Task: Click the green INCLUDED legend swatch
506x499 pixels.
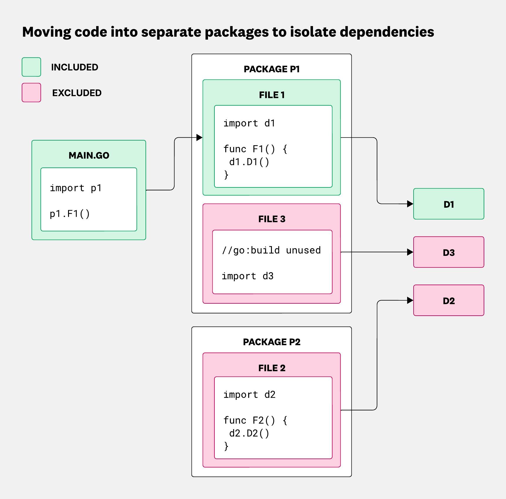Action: [31, 67]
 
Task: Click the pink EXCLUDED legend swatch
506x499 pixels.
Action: [31, 93]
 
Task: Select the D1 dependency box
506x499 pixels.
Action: [449, 204]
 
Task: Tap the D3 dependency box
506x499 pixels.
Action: [449, 252]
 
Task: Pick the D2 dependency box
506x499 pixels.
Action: [449, 300]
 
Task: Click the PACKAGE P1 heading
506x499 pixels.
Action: [272, 69]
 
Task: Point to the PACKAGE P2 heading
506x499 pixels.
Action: [272, 342]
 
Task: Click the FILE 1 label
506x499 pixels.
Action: [272, 95]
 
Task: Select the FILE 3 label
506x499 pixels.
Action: [272, 219]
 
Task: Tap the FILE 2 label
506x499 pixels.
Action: [272, 368]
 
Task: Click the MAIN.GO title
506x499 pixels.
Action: [89, 155]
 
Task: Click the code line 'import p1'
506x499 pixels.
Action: [76, 188]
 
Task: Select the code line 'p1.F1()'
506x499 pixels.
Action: [70, 214]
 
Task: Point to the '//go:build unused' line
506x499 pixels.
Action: [271, 250]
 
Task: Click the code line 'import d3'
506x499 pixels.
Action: [248, 276]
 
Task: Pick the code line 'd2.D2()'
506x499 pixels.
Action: [249, 433]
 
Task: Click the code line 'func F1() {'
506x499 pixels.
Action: [255, 149]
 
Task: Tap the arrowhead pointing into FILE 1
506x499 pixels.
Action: [199, 137]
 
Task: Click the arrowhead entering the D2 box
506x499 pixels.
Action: [410, 300]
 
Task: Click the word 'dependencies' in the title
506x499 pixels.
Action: [387, 32]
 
